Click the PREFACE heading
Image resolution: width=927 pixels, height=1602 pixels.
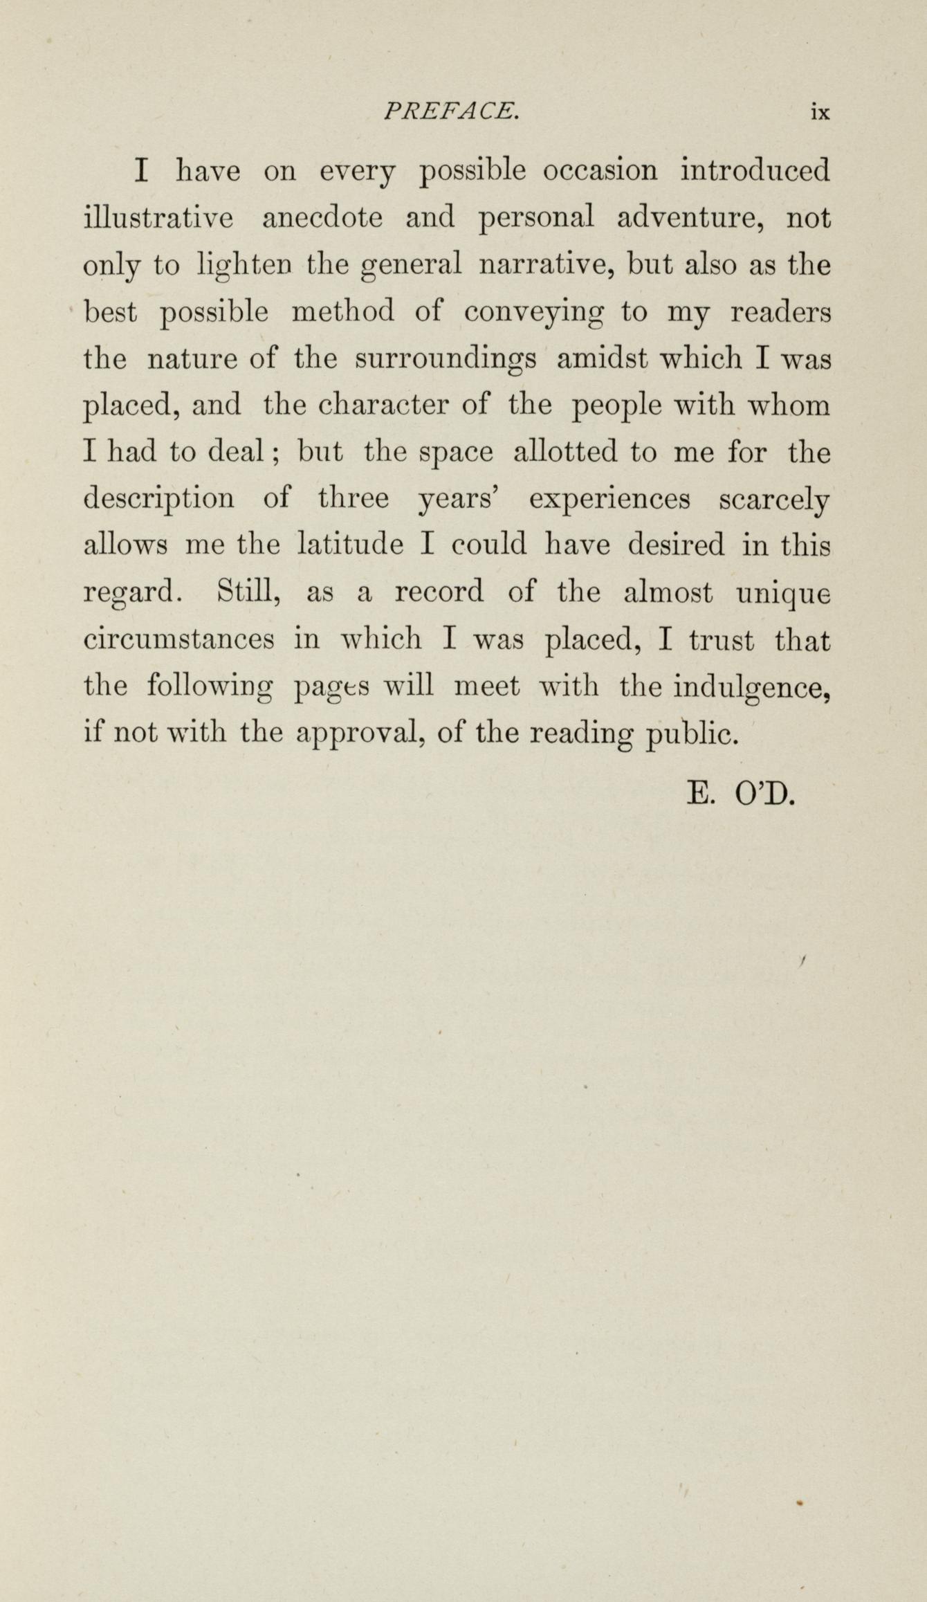coord(451,111)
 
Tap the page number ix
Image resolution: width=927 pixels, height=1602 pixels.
coord(820,112)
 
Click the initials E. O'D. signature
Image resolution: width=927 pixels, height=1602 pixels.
coord(741,794)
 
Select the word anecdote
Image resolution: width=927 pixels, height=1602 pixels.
coord(322,219)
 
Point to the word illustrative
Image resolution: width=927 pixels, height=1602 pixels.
coord(158,219)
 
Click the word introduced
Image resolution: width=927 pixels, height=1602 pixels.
coord(755,171)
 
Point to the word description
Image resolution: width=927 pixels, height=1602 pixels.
coord(158,500)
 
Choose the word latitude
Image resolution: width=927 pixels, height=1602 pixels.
coord(350,545)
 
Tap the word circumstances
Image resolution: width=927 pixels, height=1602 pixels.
coord(178,639)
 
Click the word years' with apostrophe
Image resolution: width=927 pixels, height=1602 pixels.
coord(460,500)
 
